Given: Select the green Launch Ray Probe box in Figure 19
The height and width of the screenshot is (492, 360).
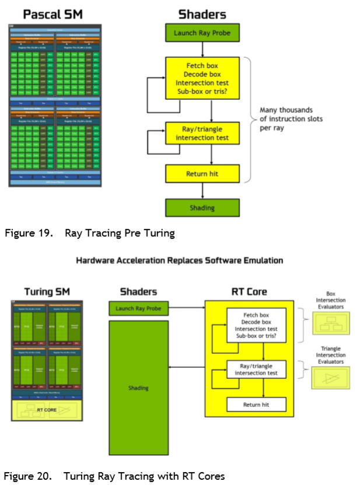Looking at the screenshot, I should pyautogui.click(x=202, y=33).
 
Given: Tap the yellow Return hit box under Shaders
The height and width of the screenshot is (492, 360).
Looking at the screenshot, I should pyautogui.click(x=202, y=173).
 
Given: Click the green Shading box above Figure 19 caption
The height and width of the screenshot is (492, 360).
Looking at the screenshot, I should pyautogui.click(x=202, y=208).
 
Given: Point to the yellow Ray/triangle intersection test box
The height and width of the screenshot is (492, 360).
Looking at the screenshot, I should pyautogui.click(x=202, y=133).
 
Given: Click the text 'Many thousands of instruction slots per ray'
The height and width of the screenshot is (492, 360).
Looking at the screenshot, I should pyautogui.click(x=291, y=119).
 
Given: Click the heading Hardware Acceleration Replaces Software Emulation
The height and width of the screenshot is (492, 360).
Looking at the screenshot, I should pyautogui.click(x=180, y=261).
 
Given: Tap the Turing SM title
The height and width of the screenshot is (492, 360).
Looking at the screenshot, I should pyautogui.click(x=47, y=291).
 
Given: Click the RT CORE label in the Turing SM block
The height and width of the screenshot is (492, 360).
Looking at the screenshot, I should pyautogui.click(x=47, y=410).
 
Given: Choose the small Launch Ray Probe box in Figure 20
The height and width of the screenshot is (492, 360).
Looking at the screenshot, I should pyautogui.click(x=139, y=308).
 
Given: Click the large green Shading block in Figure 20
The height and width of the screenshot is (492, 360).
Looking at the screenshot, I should pyautogui.click(x=139, y=388).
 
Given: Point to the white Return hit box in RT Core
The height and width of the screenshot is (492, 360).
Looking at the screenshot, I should pyautogui.click(x=256, y=405).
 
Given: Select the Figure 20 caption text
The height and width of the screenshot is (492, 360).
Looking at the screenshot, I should pyautogui.click(x=114, y=476).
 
